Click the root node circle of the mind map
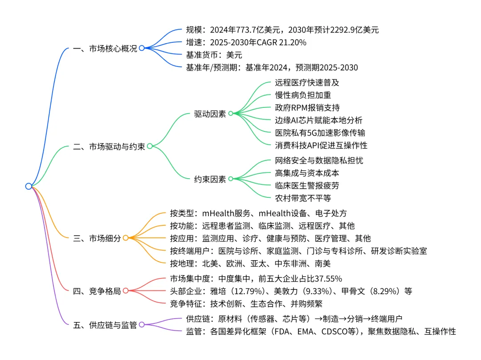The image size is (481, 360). click(29, 186)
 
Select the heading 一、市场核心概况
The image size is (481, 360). click(105, 49)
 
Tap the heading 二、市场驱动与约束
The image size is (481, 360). click(109, 146)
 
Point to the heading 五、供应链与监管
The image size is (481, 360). click(105, 325)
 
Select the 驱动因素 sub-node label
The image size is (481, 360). click(210, 113)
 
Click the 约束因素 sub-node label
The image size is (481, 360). click(210, 179)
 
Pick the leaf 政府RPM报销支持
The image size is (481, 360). click(308, 108)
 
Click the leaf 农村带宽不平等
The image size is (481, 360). click(303, 198)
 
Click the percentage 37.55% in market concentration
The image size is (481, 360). click(327, 279)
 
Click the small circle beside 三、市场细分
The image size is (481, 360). click(126, 238)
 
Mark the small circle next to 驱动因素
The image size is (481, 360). click(231, 113)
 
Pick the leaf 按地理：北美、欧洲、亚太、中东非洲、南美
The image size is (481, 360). click(250, 263)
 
